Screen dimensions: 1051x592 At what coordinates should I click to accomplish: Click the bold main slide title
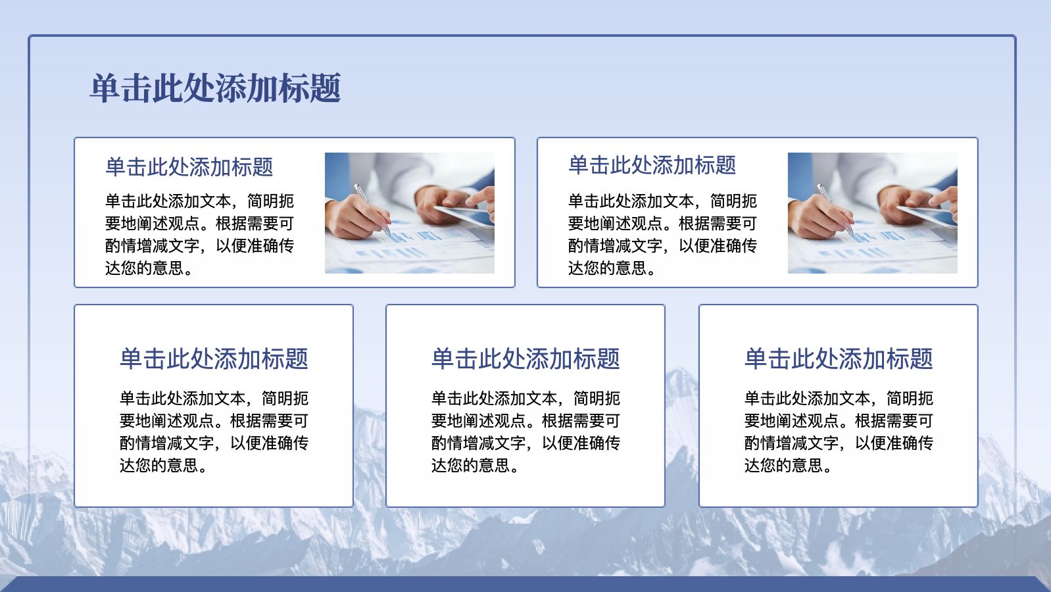tap(215, 88)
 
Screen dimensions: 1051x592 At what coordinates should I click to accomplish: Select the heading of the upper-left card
tap(189, 167)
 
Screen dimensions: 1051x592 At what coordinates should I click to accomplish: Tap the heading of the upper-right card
tap(652, 165)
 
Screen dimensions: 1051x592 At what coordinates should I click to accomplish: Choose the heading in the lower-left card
tap(214, 359)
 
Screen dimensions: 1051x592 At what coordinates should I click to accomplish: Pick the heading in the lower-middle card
tap(525, 359)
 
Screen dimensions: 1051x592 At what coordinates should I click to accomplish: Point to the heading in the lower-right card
tap(839, 359)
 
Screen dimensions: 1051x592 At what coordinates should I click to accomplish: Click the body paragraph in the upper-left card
tap(199, 235)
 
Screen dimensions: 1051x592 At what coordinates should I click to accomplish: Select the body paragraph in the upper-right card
tap(662, 235)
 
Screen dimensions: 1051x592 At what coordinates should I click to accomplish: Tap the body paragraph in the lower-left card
tap(214, 432)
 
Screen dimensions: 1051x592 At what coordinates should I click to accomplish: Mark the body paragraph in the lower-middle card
tap(525, 432)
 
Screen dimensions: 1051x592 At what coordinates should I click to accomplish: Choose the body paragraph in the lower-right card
tap(839, 432)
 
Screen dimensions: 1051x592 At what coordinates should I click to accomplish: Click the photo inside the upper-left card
tap(410, 213)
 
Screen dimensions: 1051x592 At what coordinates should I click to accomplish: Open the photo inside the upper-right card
tap(873, 213)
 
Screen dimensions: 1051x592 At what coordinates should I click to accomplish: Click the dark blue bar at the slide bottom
tap(525, 584)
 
